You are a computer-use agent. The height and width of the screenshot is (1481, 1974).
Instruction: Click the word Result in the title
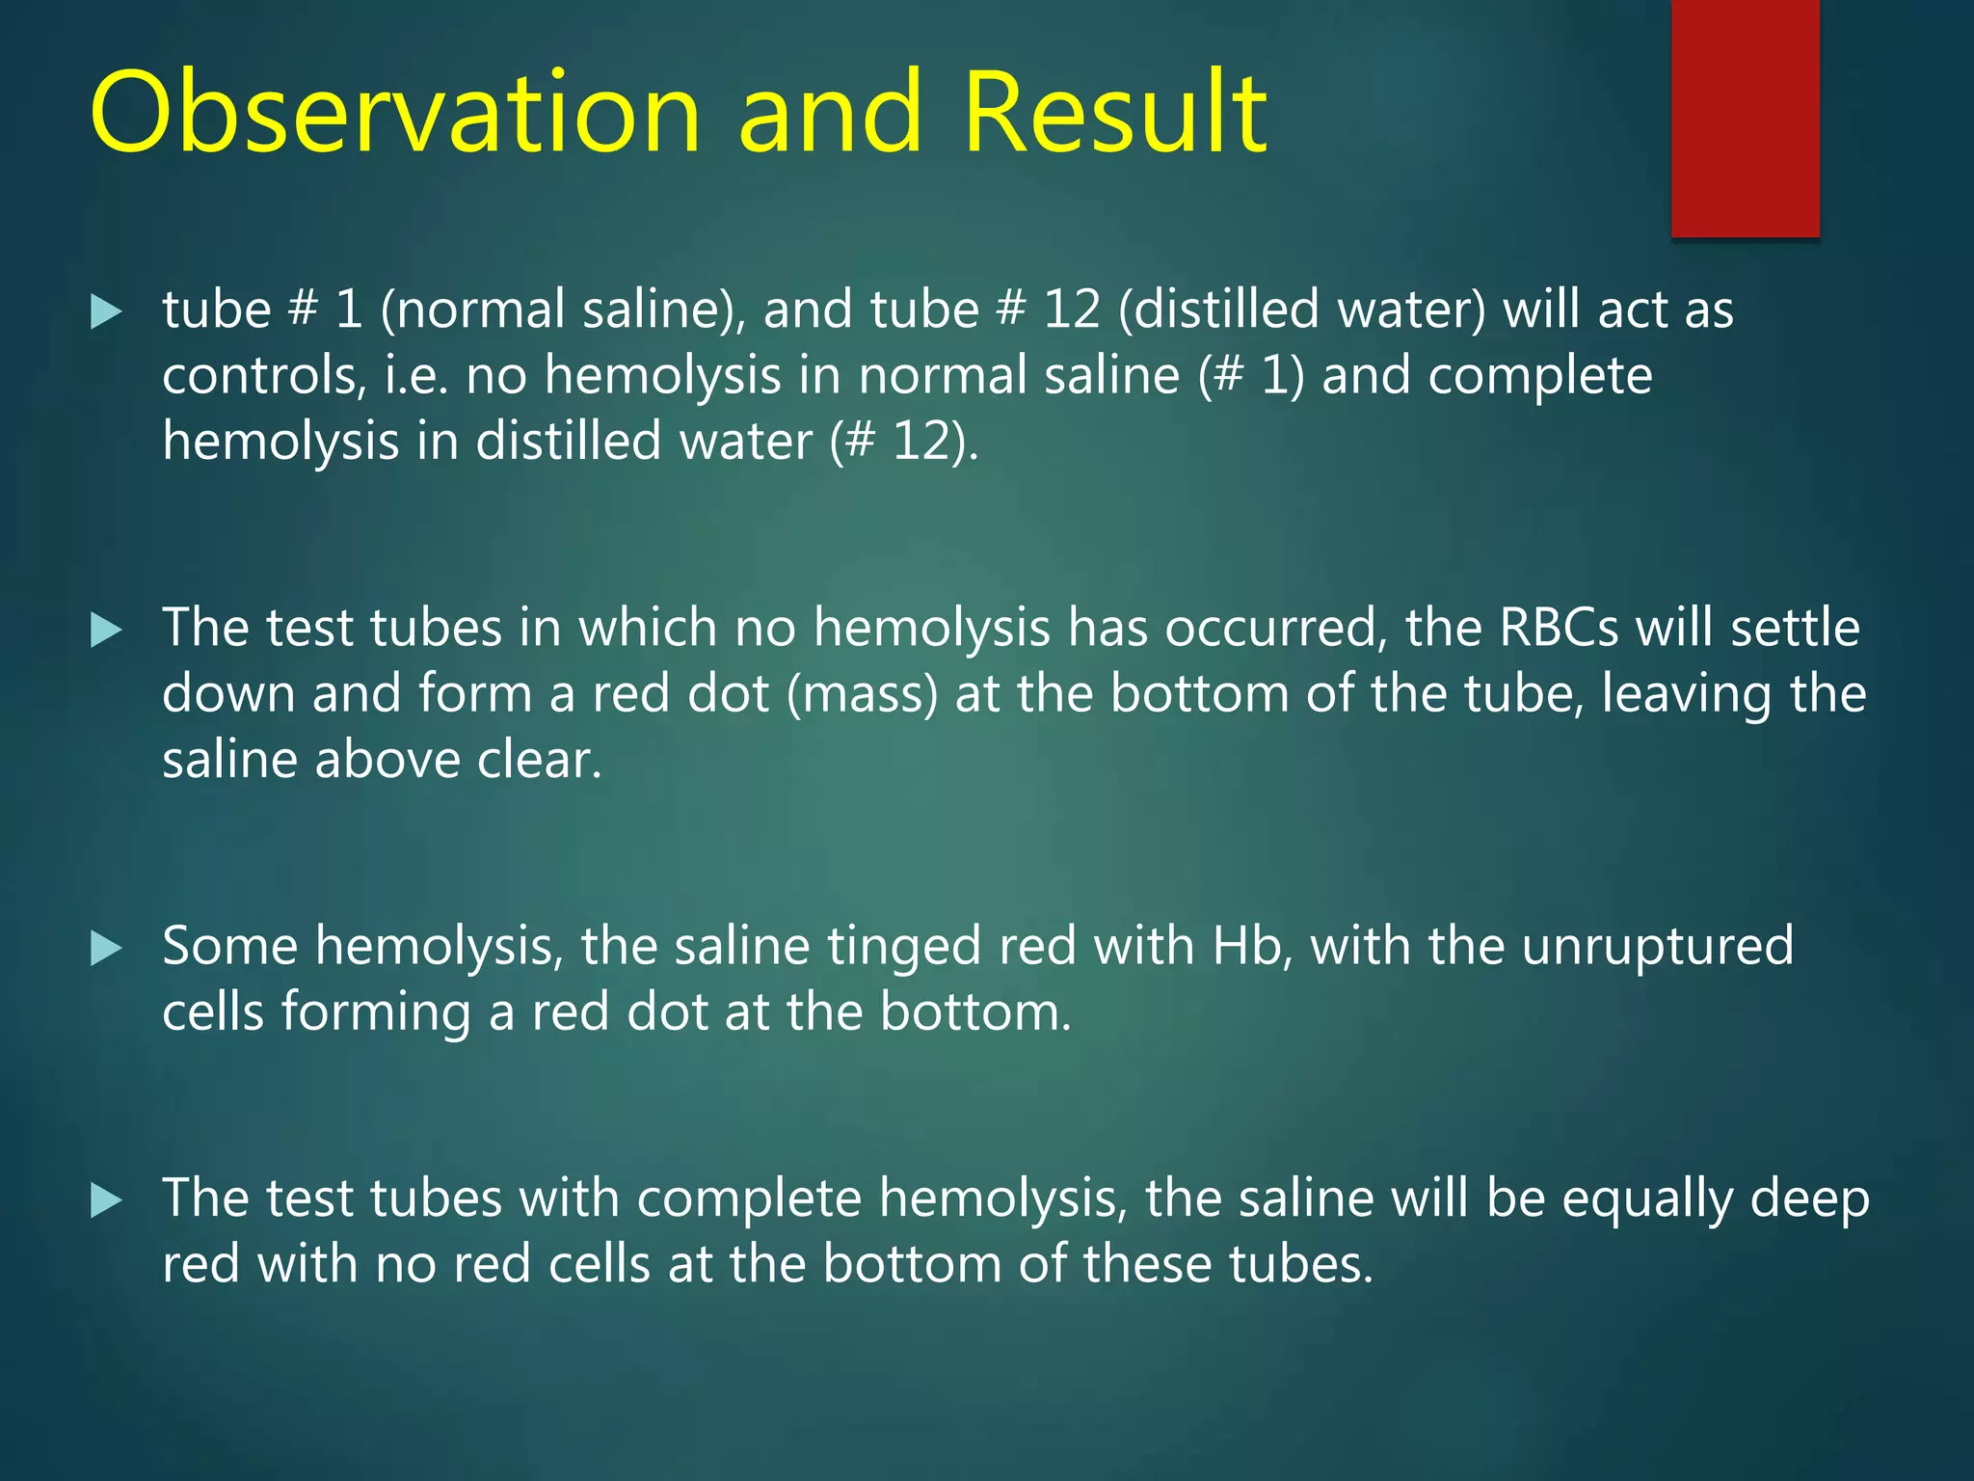tap(1114, 113)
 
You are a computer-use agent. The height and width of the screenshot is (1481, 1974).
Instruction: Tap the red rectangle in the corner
tap(1745, 118)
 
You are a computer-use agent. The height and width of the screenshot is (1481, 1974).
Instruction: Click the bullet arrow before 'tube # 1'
tap(106, 311)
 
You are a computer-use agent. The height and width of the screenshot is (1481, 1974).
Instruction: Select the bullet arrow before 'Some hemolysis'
tap(106, 949)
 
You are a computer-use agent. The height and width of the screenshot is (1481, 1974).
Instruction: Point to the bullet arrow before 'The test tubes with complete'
tap(106, 1200)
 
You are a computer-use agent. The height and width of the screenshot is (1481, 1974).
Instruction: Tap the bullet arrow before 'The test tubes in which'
tap(106, 631)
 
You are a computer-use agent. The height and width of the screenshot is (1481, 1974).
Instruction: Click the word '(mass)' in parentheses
tap(862, 695)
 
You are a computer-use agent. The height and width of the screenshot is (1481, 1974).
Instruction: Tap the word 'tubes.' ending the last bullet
tap(1301, 1264)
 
